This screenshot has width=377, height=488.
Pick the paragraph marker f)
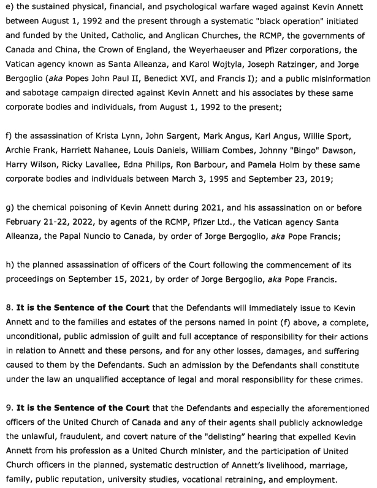pos(9,136)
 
